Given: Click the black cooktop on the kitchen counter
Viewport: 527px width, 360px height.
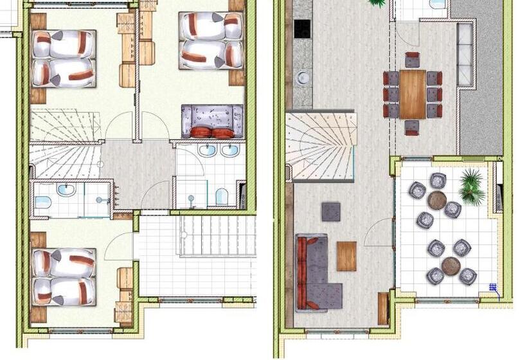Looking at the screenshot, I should coord(302,28).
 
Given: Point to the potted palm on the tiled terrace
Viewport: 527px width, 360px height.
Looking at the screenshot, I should coord(472,187).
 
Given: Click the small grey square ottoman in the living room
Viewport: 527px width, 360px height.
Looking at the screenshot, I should coord(331,212).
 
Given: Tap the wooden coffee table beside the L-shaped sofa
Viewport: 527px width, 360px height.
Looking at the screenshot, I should coord(346,256).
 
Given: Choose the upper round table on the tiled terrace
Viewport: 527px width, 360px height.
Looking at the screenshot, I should coord(437,200).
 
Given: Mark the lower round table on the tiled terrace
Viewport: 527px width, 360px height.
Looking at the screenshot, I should coord(451,265).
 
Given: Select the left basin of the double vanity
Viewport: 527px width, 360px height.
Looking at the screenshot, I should coord(207,151).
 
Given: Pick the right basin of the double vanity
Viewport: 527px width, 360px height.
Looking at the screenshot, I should coord(230,151).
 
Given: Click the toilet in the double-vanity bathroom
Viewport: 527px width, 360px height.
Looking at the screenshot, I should coord(222,196).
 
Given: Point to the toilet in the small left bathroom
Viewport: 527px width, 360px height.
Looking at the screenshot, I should coord(43,203).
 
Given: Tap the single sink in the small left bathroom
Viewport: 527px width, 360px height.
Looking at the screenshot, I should coord(66,190).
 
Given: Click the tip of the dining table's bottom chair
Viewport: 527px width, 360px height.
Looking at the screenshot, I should coord(413,133).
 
